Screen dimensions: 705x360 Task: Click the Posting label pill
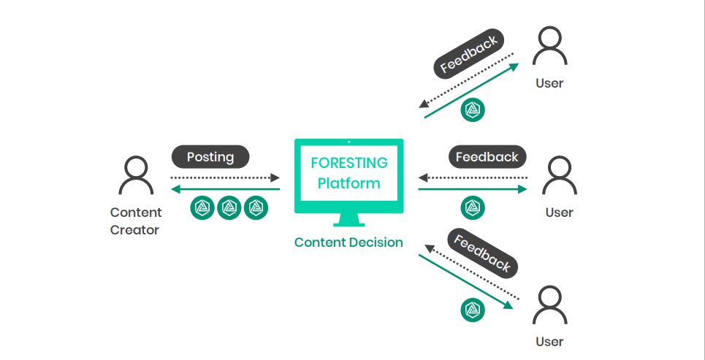click(210, 157)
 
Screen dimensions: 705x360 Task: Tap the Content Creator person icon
click(136, 175)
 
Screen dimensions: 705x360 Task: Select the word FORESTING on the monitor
click(349, 163)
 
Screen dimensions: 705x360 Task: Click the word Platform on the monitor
click(349, 183)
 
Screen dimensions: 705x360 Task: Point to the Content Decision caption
click(348, 242)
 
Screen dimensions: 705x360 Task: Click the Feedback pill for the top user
click(469, 53)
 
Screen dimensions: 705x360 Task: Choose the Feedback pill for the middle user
click(487, 157)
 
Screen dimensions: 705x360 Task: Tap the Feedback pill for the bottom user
click(482, 253)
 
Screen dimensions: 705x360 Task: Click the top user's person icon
click(549, 45)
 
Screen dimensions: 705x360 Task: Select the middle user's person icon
click(560, 175)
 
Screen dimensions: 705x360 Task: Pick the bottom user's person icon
click(549, 305)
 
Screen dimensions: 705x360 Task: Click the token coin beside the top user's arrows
click(473, 110)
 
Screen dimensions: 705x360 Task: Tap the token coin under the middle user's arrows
click(473, 207)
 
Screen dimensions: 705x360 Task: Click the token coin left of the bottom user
click(473, 310)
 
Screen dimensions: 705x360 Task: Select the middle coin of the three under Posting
click(229, 207)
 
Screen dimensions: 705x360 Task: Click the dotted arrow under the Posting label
click(225, 177)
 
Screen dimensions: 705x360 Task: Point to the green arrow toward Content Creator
click(225, 189)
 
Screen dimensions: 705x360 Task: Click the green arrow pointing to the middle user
click(473, 189)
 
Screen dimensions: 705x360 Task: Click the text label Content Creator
click(136, 221)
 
